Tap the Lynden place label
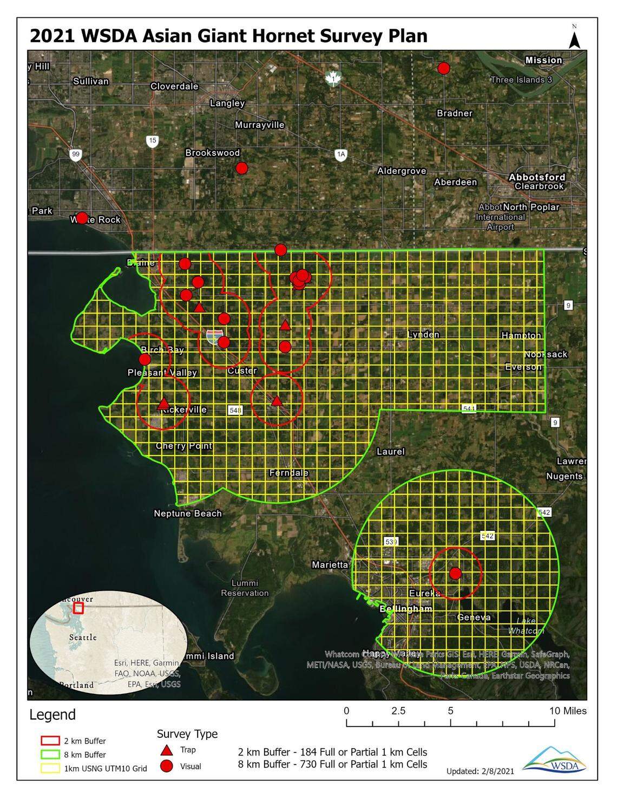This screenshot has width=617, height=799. (423, 334)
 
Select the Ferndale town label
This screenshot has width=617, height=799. (288, 473)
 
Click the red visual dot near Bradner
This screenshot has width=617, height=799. (444, 68)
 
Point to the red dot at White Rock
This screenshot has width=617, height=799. (82, 218)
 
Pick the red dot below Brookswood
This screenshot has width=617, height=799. (241, 168)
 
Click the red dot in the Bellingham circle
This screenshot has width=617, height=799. (455, 573)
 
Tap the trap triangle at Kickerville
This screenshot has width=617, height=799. (163, 404)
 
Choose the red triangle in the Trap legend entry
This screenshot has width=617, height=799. (167, 750)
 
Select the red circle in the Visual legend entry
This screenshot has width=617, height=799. (167, 766)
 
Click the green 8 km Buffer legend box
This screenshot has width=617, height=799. (50, 755)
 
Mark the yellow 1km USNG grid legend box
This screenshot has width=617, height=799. (50, 768)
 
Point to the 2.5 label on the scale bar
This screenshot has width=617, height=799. (398, 711)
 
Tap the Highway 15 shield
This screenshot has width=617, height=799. (153, 141)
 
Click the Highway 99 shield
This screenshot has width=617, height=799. (76, 155)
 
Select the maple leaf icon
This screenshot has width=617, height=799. (333, 79)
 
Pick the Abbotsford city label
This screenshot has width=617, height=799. (537, 177)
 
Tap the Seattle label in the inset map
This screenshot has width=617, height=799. (83, 637)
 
